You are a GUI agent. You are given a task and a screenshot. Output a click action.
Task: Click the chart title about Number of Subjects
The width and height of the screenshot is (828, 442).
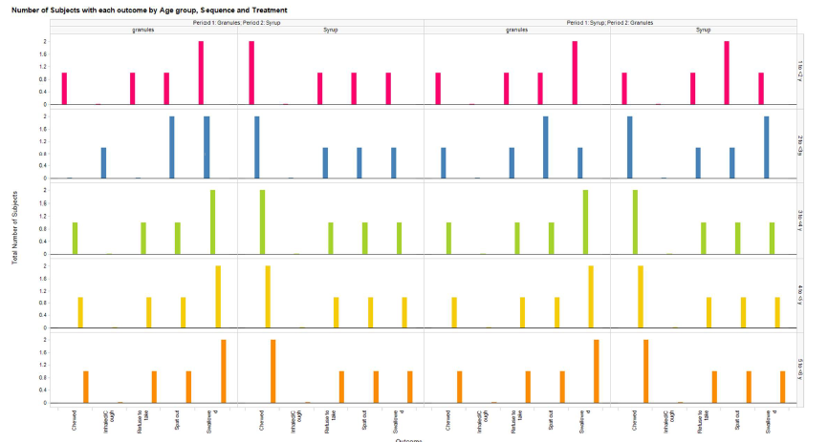tap(148, 10)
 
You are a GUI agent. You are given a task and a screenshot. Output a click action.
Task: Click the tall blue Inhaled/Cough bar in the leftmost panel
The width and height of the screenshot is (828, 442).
tap(103, 163)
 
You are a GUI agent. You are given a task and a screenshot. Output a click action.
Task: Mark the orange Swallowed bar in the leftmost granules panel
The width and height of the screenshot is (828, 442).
tap(223, 371)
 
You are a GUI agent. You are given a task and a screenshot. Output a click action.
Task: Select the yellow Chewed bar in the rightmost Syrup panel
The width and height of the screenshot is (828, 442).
tap(640, 297)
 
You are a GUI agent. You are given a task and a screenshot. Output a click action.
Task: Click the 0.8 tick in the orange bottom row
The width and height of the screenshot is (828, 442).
tap(43, 377)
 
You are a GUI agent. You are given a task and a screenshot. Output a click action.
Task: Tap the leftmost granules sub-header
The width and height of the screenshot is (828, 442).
tap(143, 30)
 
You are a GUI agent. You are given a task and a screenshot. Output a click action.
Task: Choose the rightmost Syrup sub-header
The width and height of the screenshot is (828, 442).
tap(703, 30)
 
